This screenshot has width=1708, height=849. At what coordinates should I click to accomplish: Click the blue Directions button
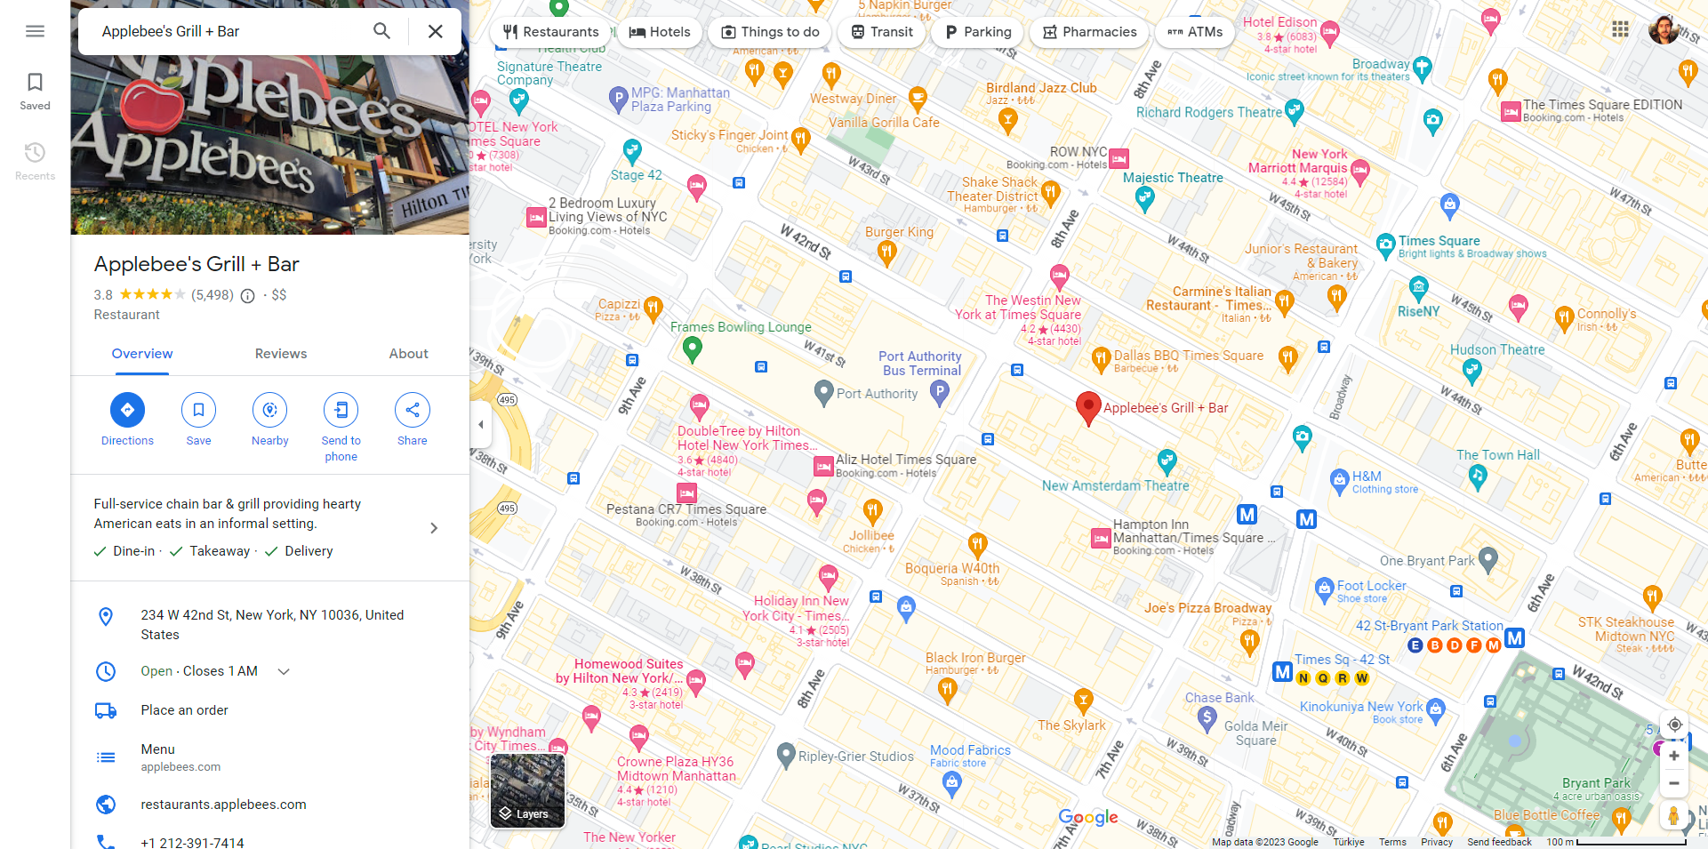(x=127, y=410)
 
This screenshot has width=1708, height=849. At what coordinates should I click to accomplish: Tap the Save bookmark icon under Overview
(x=198, y=410)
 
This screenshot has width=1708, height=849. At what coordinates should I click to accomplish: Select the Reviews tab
(x=281, y=354)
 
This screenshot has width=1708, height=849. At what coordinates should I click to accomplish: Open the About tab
(x=408, y=354)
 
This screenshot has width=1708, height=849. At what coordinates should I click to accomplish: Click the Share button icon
(x=412, y=410)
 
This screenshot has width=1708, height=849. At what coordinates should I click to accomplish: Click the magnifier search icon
(x=381, y=31)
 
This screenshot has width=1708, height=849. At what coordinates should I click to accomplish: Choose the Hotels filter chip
(x=660, y=32)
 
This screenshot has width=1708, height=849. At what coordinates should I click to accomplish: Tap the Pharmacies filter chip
(x=1089, y=32)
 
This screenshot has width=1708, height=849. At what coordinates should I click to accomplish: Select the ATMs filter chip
(x=1195, y=32)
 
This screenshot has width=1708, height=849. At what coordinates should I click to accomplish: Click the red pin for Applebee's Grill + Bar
(x=1088, y=407)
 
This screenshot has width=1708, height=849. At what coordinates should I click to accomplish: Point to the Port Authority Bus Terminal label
(x=920, y=364)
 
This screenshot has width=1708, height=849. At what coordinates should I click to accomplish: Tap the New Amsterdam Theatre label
(x=1115, y=486)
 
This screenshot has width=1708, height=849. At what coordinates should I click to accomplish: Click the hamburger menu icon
(x=35, y=31)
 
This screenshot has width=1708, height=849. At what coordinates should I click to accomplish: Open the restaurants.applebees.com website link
(x=223, y=805)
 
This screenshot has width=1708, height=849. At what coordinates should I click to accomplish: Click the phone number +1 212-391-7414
(x=192, y=842)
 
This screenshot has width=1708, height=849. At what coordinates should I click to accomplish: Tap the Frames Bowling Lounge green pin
(x=692, y=348)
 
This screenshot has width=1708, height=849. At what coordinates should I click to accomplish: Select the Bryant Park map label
(x=1596, y=783)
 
